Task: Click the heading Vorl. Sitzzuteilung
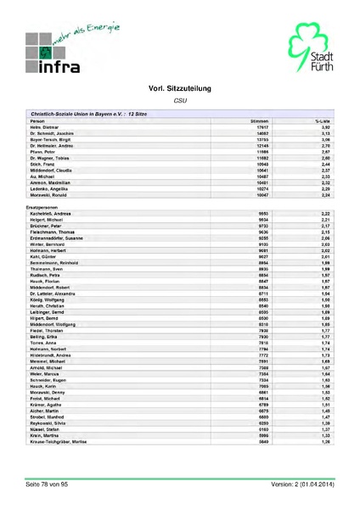point(179,88)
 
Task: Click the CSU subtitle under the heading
point(179,100)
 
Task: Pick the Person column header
point(37,122)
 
